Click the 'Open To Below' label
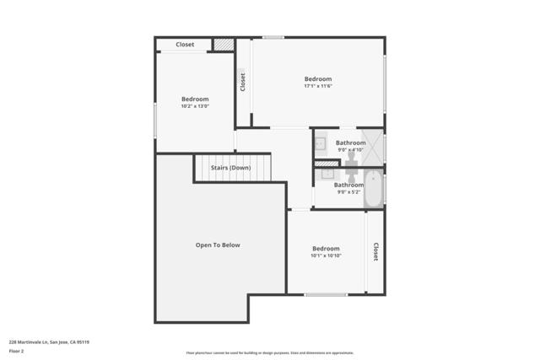coord(218,245)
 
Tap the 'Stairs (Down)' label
coord(230,168)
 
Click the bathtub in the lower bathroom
coord(374,189)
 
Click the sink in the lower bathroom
coord(327,174)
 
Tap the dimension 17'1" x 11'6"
coord(318,86)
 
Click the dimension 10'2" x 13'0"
coord(194,106)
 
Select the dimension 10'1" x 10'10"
coord(326,255)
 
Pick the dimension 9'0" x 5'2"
coord(348,192)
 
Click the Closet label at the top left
coord(185,45)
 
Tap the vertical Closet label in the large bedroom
coord(243,82)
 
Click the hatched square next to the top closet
coord(223,45)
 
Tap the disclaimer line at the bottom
coord(269,353)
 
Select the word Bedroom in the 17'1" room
coord(318,79)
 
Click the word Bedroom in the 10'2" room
coord(194,99)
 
